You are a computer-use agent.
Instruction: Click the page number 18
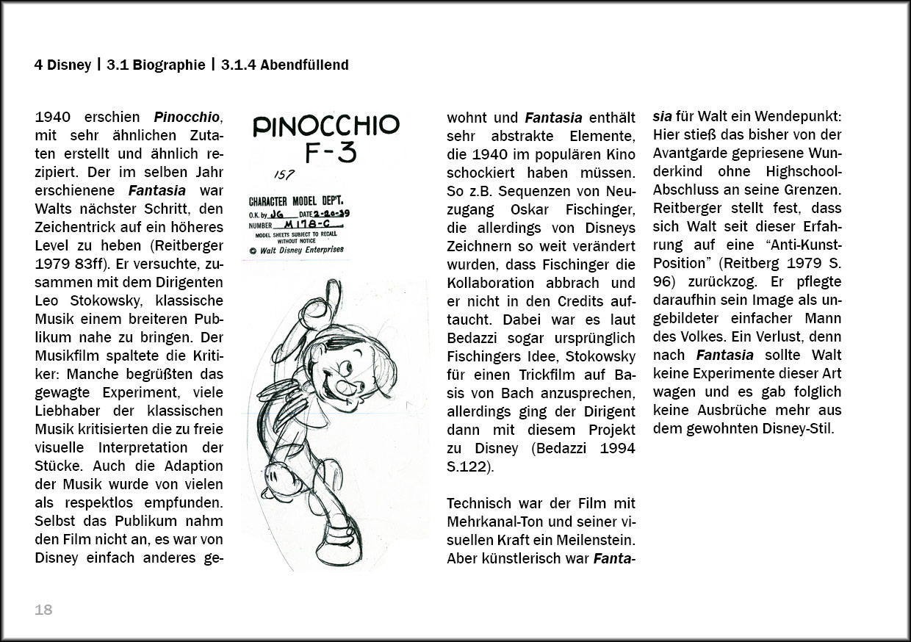click(x=43, y=610)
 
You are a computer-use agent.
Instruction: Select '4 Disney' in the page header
click(x=62, y=65)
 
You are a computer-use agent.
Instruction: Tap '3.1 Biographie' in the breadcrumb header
click(x=156, y=65)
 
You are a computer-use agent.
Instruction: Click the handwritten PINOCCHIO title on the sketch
click(x=325, y=126)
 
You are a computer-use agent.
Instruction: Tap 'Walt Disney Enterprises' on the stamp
click(x=301, y=250)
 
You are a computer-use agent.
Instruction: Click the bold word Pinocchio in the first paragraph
click(x=187, y=118)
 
